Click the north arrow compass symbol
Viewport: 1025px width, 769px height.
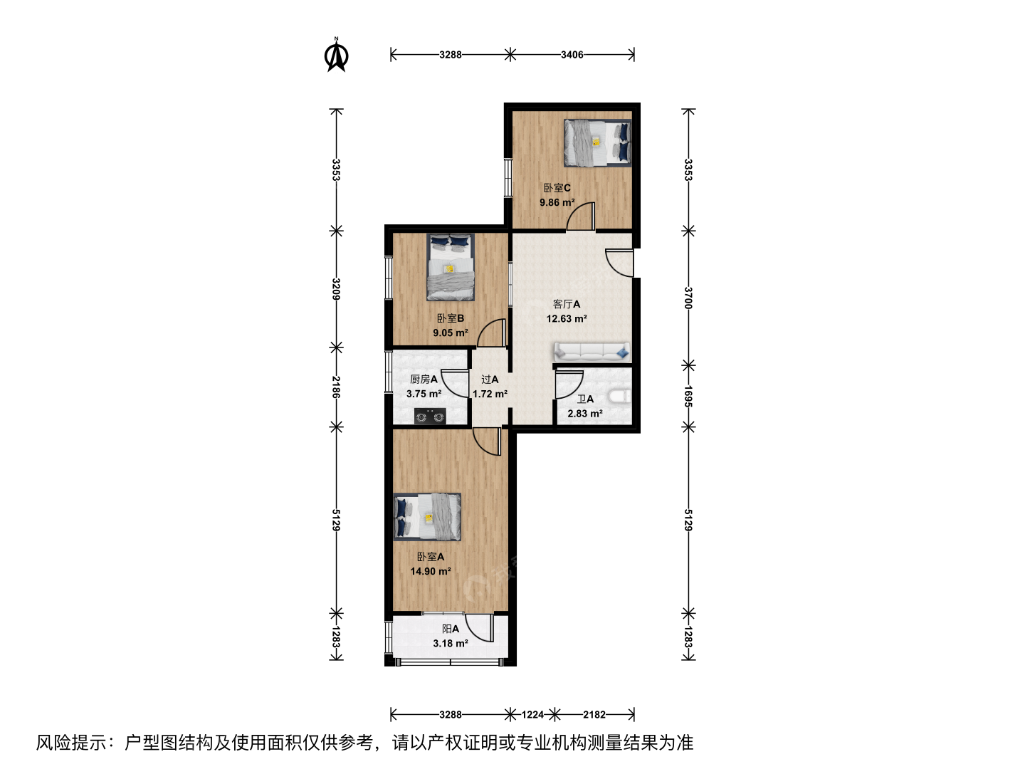pos(336,55)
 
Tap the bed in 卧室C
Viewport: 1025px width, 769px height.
pos(597,143)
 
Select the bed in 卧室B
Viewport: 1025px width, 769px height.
pos(451,267)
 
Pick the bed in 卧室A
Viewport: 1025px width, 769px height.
pos(427,517)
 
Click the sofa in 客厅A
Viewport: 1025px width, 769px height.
pos(592,352)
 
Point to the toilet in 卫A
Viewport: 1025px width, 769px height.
pos(619,397)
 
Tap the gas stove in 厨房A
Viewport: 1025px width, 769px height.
pos(430,417)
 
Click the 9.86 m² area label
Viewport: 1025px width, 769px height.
pos(557,203)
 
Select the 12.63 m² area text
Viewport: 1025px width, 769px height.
pos(567,319)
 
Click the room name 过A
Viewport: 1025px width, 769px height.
pos(490,380)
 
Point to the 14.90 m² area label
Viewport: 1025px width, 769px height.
pos(431,572)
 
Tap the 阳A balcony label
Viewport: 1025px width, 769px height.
pos(451,629)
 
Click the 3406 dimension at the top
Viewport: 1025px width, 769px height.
pos(572,55)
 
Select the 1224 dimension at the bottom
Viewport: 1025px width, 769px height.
pos(532,714)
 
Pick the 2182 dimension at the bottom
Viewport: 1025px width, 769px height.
pos(594,714)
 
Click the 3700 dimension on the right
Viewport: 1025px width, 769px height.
pos(688,298)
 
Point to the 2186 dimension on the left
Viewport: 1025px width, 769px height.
pos(336,387)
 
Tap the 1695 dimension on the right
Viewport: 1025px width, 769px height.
pos(688,396)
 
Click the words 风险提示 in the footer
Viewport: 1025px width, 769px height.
pos(71,743)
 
